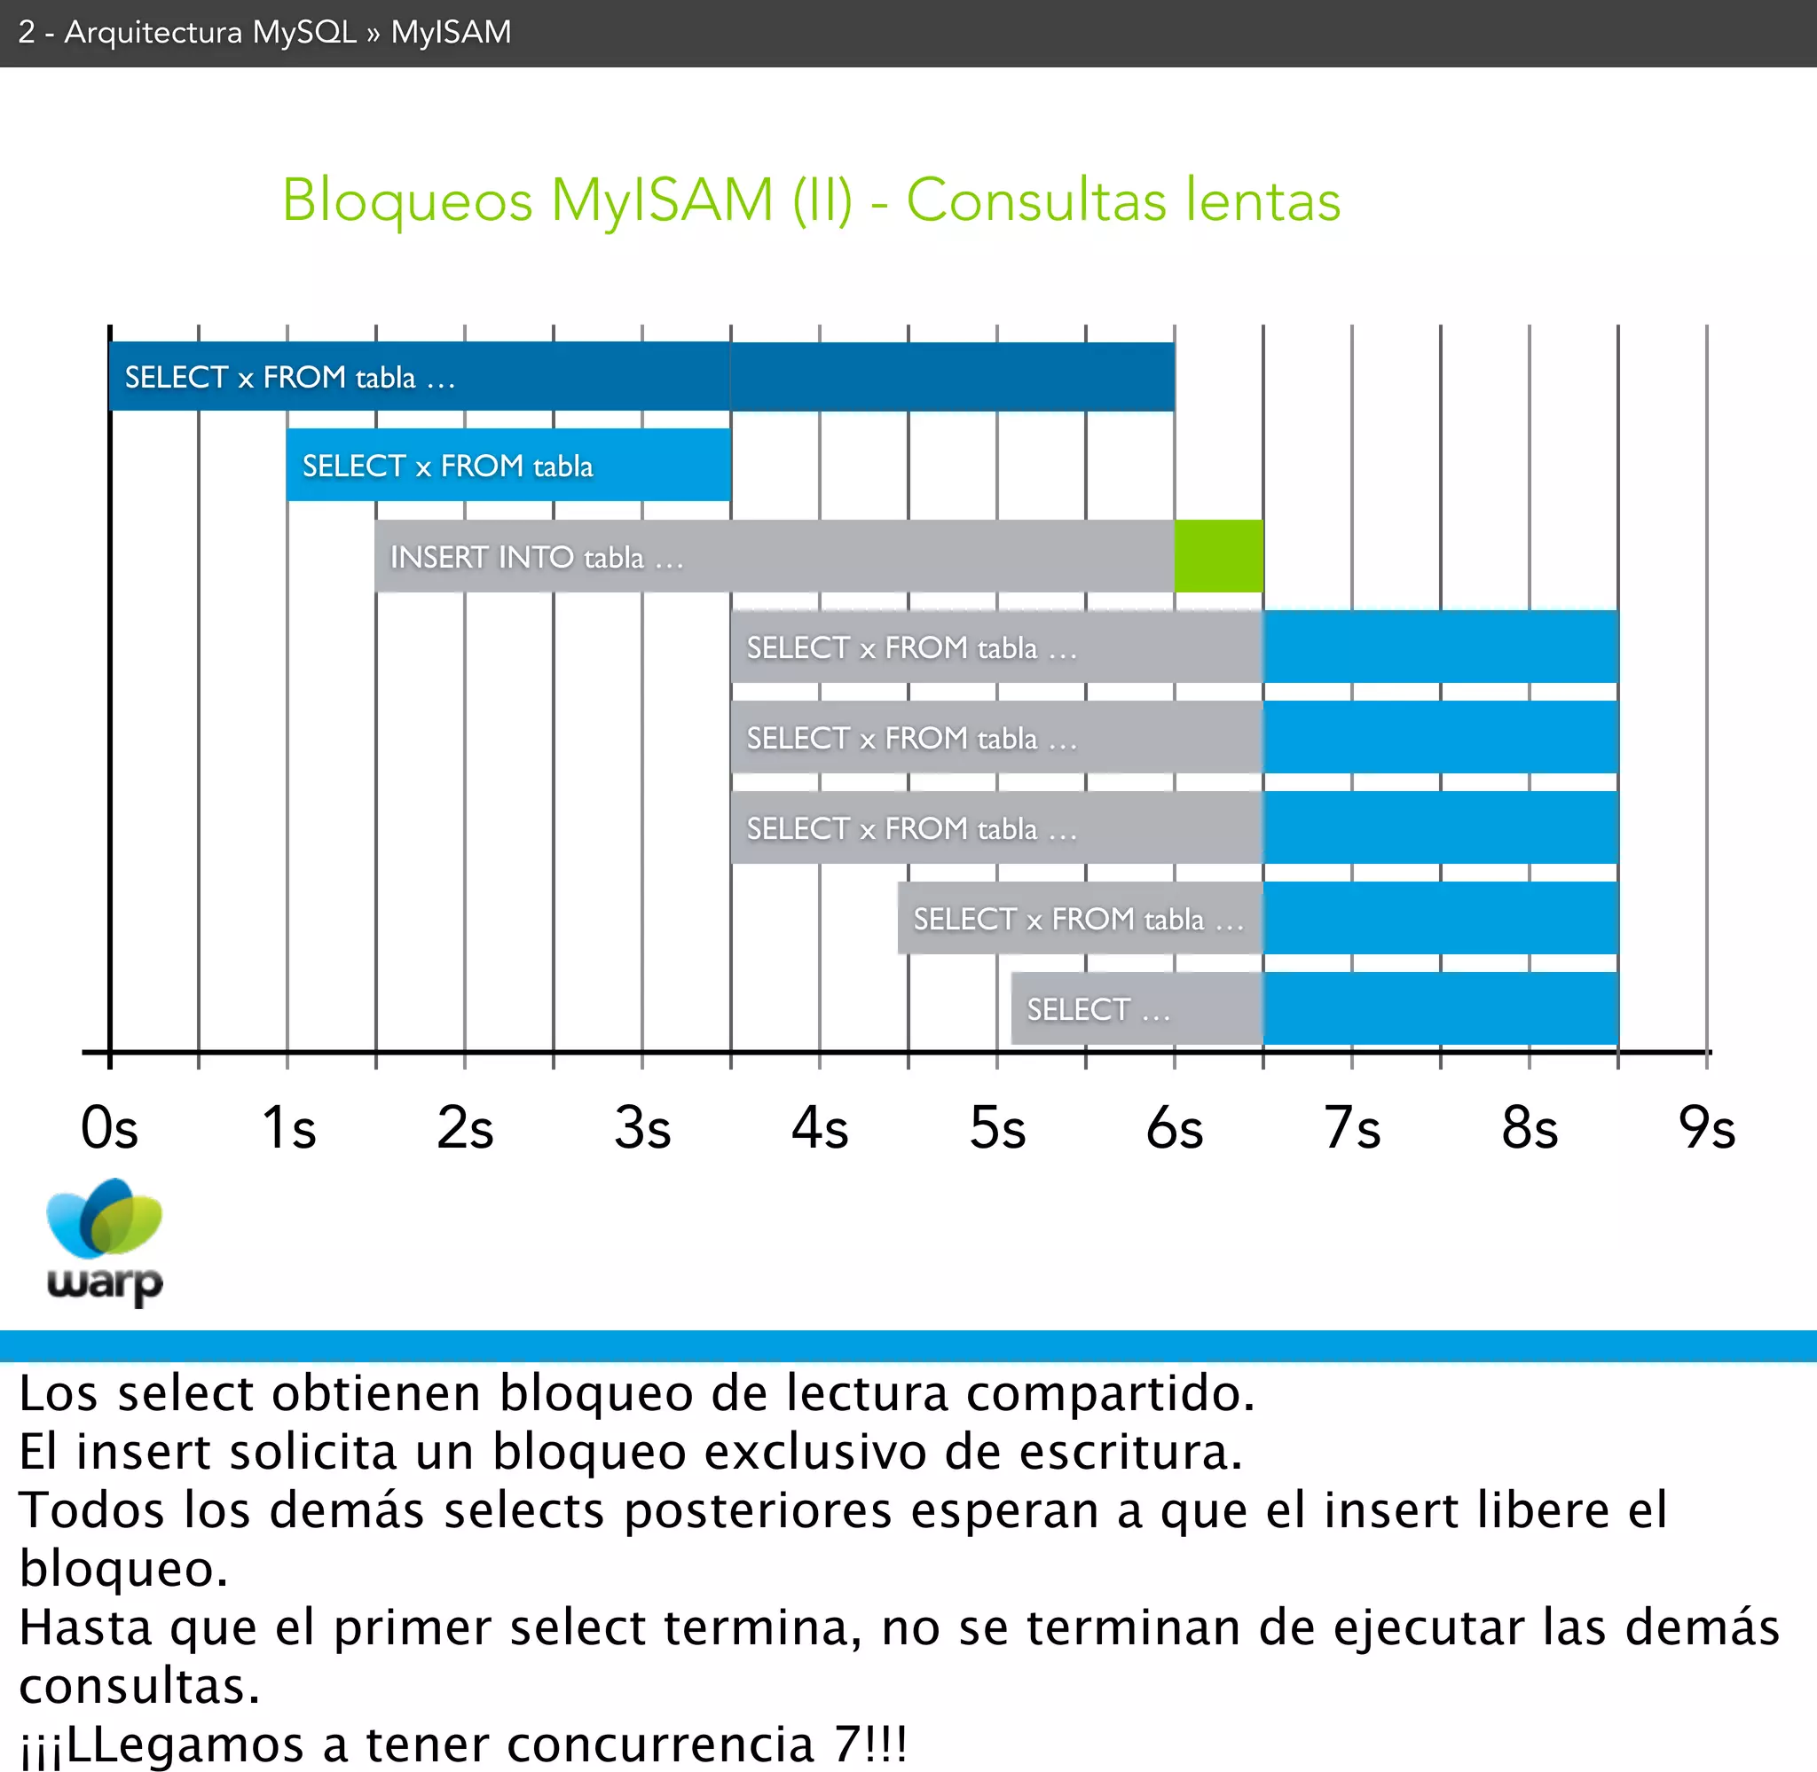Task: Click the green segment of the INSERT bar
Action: [x=1218, y=557]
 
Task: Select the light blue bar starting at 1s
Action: [x=508, y=466]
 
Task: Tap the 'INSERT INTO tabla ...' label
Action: [x=537, y=558]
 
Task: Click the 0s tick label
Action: [x=110, y=1128]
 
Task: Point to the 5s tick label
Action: [x=997, y=1128]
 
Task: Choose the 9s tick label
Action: [x=1706, y=1128]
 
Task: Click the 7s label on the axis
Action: [x=1351, y=1128]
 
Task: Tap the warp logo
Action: [x=105, y=1242]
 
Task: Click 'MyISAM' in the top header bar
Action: [x=451, y=33]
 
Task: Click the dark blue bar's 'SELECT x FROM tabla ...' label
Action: [x=289, y=377]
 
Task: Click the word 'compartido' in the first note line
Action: [x=1109, y=1393]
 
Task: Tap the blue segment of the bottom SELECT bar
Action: [x=1440, y=1009]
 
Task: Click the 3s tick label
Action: [x=642, y=1128]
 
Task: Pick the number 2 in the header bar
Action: [x=26, y=33]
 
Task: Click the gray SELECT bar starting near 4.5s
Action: [x=1080, y=919]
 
